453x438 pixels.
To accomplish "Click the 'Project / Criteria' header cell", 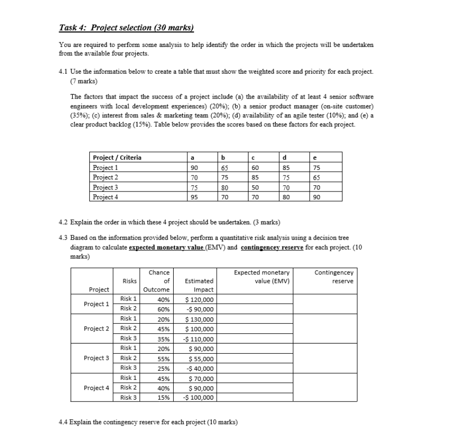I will tap(117, 158).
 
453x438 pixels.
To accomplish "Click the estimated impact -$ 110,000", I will tap(199, 339).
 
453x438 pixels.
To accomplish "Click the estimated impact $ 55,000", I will tap(202, 358).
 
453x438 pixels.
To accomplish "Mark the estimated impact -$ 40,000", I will tap(201, 368).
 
